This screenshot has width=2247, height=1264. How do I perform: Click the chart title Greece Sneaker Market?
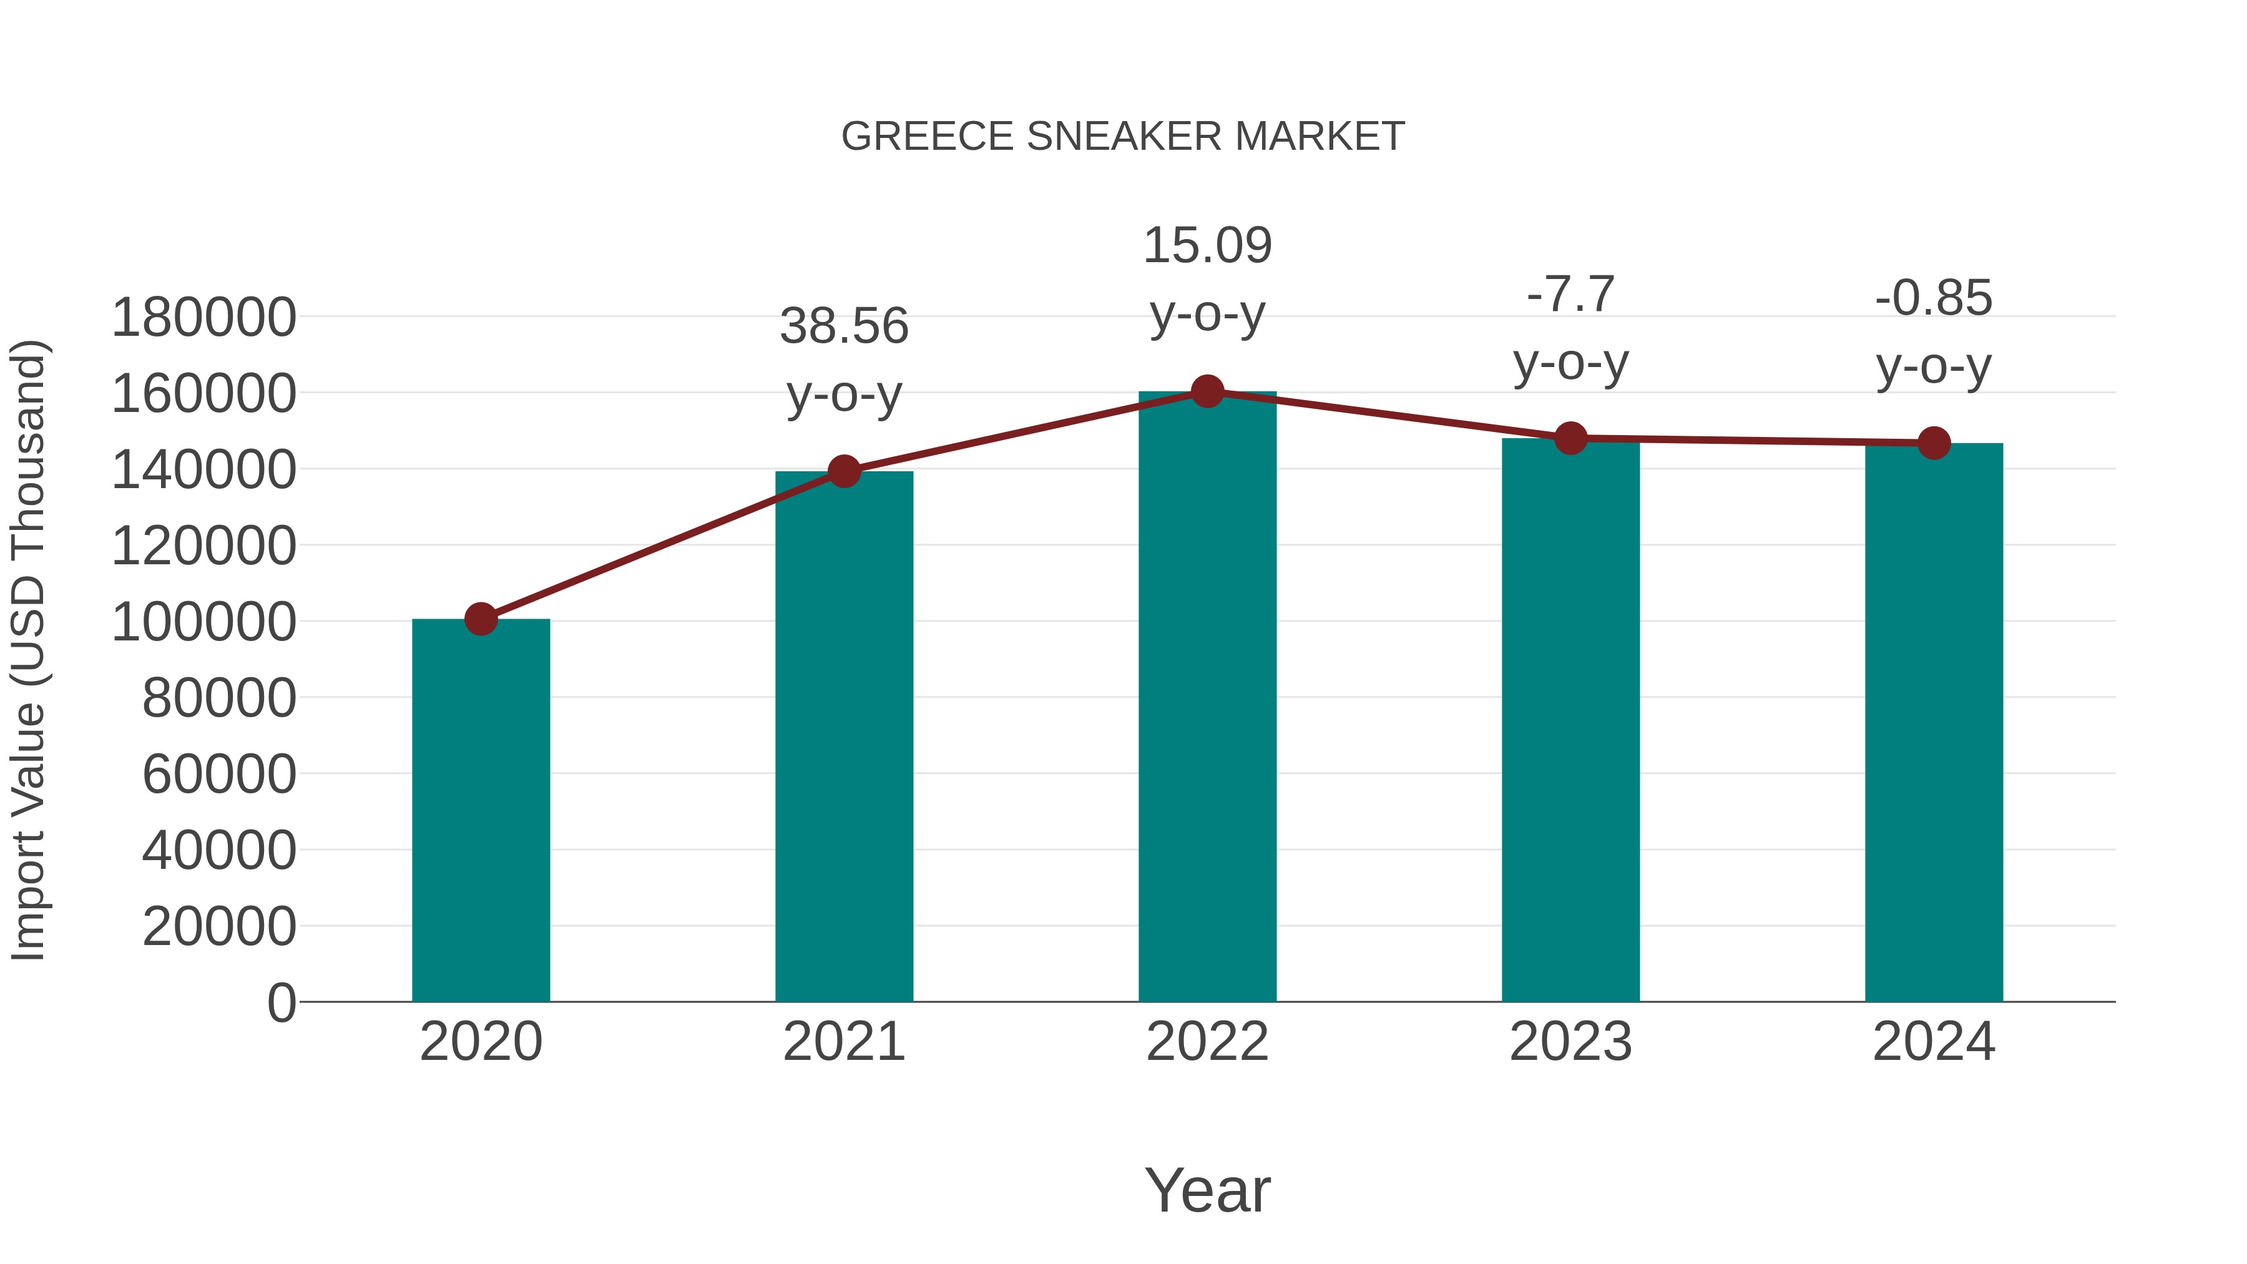pos(1123,136)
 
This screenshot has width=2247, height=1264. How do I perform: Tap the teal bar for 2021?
pos(843,737)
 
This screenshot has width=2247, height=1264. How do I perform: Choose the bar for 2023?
pos(1570,720)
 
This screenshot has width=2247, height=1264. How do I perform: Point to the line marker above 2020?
pos(481,619)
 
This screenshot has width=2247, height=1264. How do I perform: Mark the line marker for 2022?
pos(1207,391)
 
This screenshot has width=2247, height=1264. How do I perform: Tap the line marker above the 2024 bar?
pos(1934,443)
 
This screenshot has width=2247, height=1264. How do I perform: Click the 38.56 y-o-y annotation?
pos(843,326)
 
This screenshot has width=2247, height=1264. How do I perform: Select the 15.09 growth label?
pos(1207,245)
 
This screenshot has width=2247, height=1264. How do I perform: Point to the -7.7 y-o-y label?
pos(1570,294)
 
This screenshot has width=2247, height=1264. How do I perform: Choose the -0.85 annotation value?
pos(1934,298)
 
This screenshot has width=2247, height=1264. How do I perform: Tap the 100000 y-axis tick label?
pos(204,622)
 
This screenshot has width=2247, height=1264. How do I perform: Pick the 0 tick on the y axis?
pos(281,1002)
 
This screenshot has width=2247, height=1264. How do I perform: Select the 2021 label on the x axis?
pos(843,1042)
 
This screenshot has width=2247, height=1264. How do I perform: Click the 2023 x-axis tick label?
pos(1570,1042)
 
